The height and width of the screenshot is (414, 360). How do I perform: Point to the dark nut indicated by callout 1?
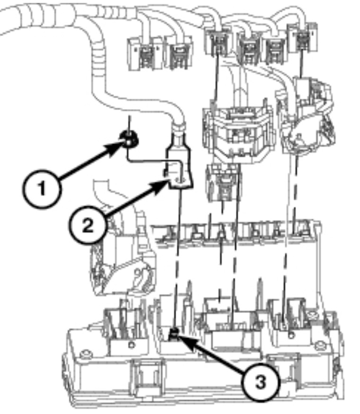coord(128,139)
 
